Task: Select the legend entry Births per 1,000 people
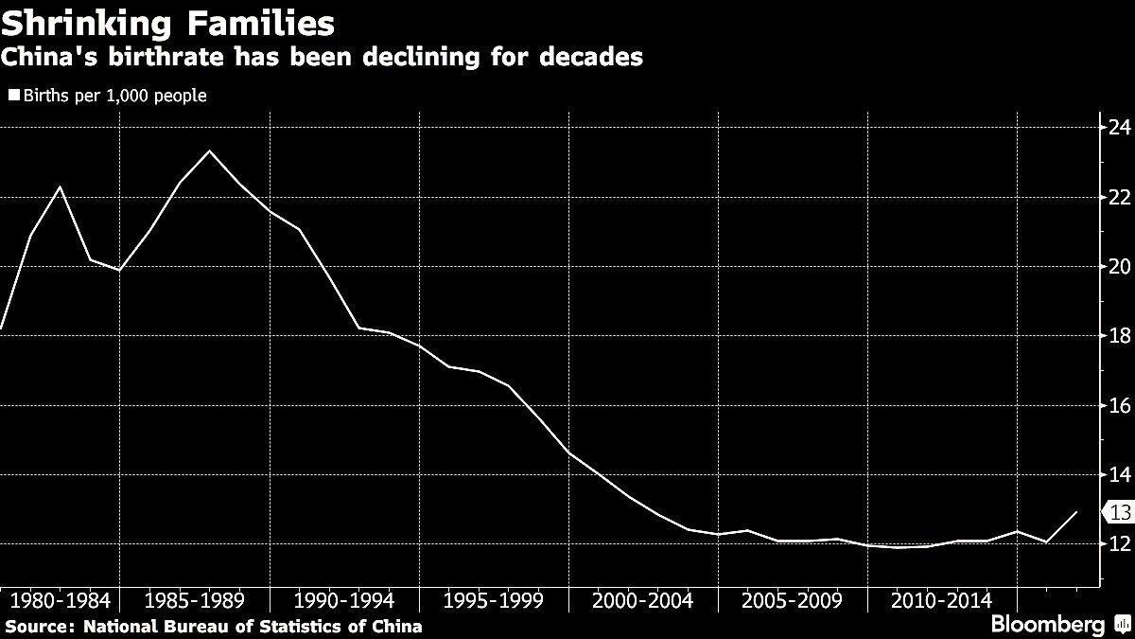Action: (108, 96)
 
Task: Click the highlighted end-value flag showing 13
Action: (1116, 512)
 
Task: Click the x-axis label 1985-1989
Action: (196, 600)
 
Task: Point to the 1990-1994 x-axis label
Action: (345, 600)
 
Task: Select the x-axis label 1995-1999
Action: (495, 600)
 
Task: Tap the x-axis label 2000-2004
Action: (644, 600)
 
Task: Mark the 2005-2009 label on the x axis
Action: (793, 600)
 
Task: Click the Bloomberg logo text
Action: (1047, 626)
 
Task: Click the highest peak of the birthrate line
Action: (209, 151)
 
